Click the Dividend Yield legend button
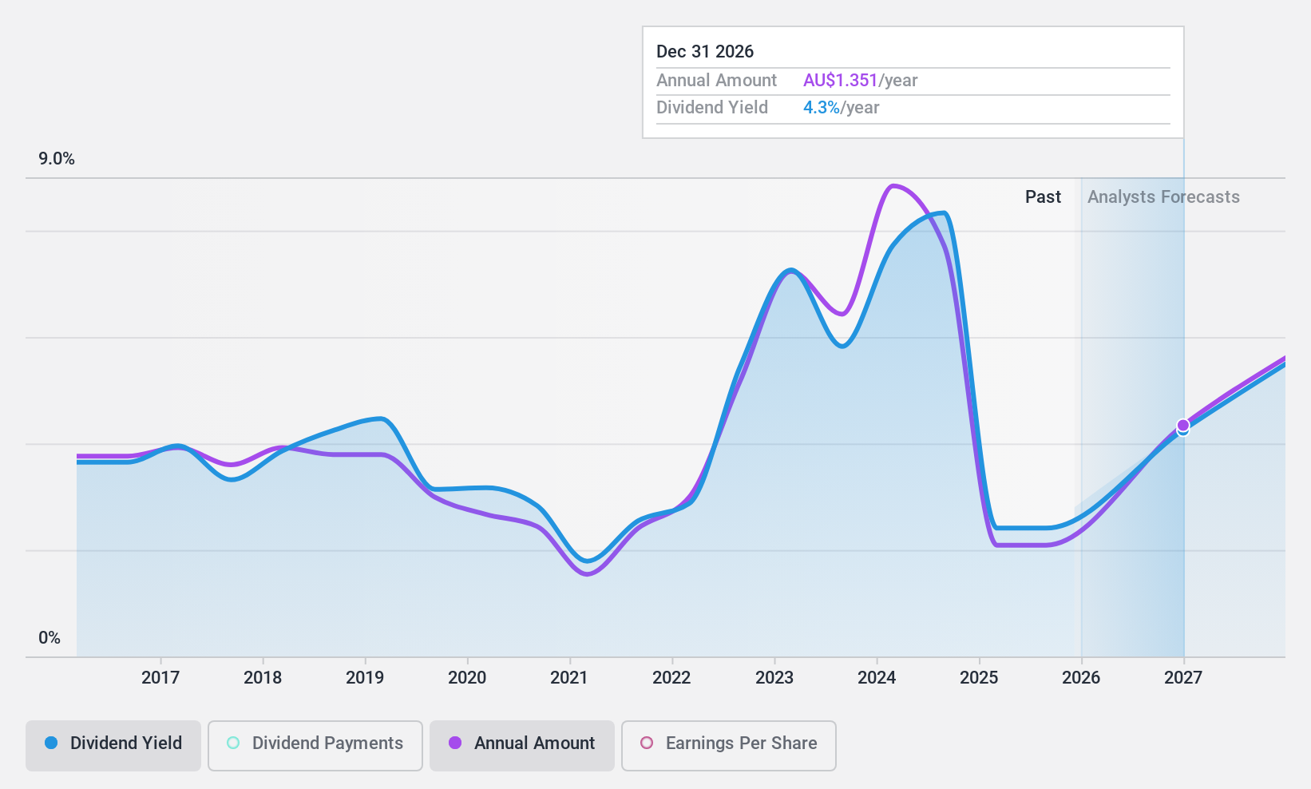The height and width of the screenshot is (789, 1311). point(113,743)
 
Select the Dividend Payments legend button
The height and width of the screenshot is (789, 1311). point(315,743)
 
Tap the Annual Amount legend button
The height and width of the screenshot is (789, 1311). point(522,743)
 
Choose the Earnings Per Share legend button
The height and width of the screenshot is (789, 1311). point(729,743)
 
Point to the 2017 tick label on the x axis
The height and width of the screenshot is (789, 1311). point(160,677)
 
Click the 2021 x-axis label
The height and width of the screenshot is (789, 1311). point(569,677)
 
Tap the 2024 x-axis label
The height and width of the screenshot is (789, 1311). point(877,677)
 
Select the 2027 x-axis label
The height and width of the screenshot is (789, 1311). point(1183,677)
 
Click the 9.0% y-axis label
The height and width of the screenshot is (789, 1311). point(57,159)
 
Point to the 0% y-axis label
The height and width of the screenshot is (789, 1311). point(50,638)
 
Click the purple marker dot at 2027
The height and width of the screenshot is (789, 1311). point(1183,425)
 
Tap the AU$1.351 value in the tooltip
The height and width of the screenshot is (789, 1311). point(840,81)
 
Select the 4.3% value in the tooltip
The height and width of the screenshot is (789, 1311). point(821,108)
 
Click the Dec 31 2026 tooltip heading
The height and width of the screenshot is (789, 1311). point(705,52)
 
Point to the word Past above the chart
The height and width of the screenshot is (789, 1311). point(1043,197)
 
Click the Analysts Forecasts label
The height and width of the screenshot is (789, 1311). point(1163,197)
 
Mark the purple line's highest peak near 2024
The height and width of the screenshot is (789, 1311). point(893,185)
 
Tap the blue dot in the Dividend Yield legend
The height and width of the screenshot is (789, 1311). point(51,743)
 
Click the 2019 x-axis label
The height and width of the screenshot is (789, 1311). point(365,677)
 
